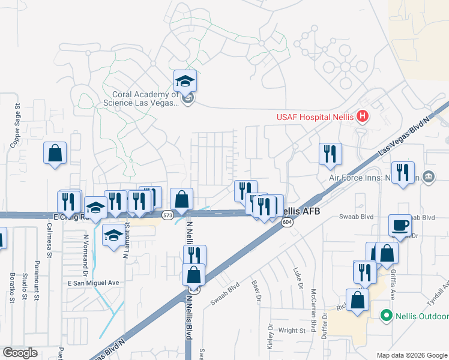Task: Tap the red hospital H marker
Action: point(363,116)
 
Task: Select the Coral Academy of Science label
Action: point(146,98)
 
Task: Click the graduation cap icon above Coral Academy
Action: point(185,82)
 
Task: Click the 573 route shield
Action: point(167,214)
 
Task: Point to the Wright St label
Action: point(292,330)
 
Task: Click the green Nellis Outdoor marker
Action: point(387,315)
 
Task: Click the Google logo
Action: point(20,353)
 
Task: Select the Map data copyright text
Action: point(412,355)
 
